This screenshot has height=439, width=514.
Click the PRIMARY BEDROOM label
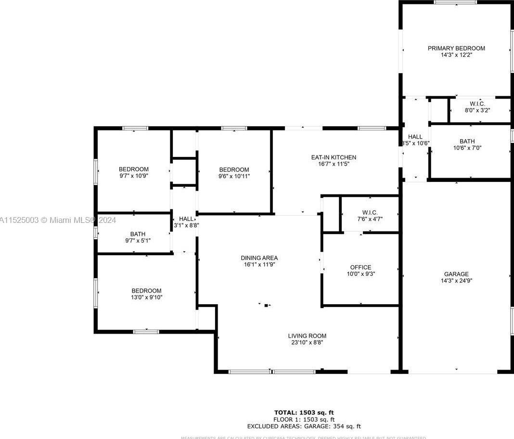[456, 48]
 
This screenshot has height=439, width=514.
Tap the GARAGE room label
[456, 274]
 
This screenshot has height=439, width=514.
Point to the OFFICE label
[360, 267]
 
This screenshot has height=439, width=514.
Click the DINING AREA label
[259, 258]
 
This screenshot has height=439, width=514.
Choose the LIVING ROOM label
[307, 336]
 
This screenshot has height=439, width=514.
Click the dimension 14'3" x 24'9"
[456, 281]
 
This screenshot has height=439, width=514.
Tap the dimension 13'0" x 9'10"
[147, 297]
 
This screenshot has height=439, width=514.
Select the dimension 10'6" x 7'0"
[467, 148]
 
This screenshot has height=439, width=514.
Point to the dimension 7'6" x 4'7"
[370, 219]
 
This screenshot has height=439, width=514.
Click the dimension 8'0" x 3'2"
[476, 110]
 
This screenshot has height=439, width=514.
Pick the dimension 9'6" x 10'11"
[234, 176]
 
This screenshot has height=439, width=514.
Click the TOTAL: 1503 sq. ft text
[304, 412]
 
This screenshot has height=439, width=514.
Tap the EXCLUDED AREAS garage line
[304, 426]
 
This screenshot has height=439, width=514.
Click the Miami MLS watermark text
[58, 220]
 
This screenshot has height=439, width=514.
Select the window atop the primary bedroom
[455, 2]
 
